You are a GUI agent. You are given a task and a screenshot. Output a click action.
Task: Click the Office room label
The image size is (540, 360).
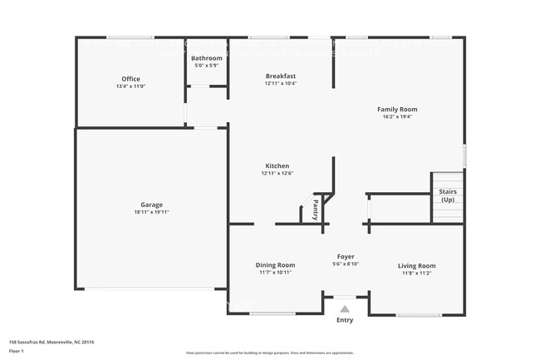[130, 79]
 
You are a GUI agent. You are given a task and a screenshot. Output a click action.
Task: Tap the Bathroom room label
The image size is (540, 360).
[206, 58]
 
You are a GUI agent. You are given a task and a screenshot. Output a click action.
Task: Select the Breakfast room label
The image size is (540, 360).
[281, 76]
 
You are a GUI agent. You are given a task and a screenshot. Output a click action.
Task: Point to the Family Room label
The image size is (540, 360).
[397, 109]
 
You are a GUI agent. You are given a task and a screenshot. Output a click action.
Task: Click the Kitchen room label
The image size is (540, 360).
[277, 165]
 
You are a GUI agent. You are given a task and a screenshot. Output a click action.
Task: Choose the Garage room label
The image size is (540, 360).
[151, 205]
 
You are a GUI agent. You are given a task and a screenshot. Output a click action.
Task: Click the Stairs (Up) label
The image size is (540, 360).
[447, 195]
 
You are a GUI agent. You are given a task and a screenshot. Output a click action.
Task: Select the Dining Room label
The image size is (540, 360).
[275, 265]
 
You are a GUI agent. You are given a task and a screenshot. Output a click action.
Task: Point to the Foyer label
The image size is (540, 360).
[346, 256]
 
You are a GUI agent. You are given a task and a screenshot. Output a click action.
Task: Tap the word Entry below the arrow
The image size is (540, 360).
[344, 320]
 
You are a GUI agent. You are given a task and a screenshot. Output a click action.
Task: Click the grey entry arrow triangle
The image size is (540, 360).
[344, 308]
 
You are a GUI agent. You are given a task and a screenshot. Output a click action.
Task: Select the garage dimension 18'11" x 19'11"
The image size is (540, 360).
[151, 212]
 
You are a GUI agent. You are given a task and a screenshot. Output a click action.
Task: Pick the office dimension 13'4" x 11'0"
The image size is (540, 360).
[130, 86]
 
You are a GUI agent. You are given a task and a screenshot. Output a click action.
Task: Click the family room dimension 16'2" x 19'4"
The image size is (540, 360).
[397, 116]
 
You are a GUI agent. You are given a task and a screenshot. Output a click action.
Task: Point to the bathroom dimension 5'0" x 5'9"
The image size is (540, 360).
[206, 66]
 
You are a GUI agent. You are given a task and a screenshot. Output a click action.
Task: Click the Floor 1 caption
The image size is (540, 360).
[17, 351]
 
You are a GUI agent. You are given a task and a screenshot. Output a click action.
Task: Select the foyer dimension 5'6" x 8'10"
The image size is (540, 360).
[346, 264]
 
